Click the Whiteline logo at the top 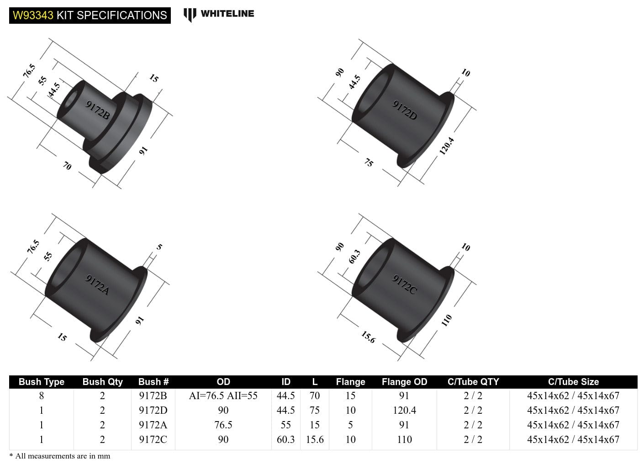click(x=219, y=14)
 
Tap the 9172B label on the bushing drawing click(x=98, y=110)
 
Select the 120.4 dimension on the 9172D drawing click(x=447, y=146)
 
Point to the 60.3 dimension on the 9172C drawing click(x=354, y=257)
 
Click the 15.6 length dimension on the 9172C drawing click(x=368, y=337)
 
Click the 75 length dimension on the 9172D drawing click(x=369, y=163)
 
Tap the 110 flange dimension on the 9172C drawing click(x=446, y=320)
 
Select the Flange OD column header click(x=404, y=382)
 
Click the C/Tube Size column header click(x=573, y=382)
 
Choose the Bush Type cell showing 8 click(x=41, y=395)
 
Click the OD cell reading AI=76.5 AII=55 click(x=223, y=395)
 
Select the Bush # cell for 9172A click(x=153, y=425)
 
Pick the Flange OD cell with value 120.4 click(x=404, y=410)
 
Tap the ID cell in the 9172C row click(x=285, y=439)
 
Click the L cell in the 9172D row click(x=315, y=410)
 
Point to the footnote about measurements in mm click(x=60, y=456)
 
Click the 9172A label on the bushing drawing click(x=98, y=285)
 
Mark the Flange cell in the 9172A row click(x=350, y=425)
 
